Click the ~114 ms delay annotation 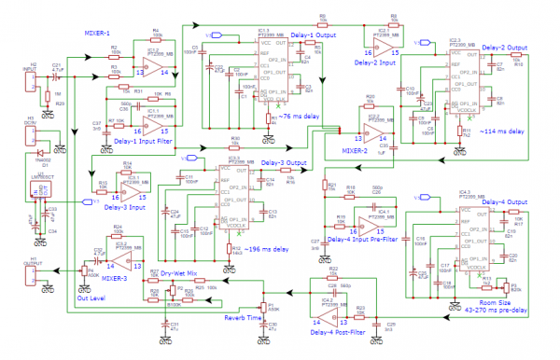[x=500, y=132]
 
